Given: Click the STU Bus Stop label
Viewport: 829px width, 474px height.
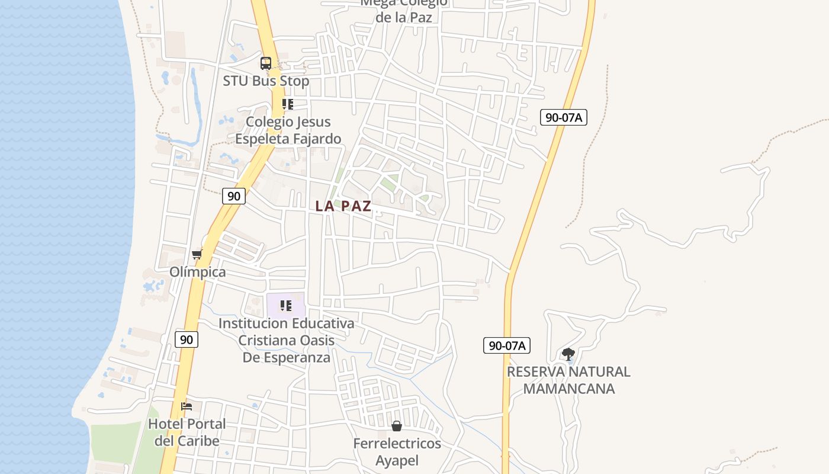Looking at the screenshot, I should point(266,81).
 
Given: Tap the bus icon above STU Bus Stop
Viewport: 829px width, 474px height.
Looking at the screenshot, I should point(266,63).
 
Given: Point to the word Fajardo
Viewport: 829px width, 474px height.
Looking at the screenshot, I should point(319,139).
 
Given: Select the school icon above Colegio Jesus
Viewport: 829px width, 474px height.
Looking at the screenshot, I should point(287,105).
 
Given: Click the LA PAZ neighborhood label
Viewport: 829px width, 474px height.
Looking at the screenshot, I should point(343,206).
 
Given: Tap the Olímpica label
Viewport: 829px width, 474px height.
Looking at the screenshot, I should point(198,272).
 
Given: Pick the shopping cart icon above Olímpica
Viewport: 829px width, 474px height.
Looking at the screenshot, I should point(197,255).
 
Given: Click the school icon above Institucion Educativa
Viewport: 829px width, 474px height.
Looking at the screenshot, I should point(286,306).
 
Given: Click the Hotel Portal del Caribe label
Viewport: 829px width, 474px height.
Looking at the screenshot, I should point(187,433).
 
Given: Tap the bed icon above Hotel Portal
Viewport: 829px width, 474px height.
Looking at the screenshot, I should point(187,406).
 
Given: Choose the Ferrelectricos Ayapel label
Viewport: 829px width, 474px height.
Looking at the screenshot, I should point(397,451).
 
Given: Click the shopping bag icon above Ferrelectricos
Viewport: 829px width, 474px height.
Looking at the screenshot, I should point(397,426).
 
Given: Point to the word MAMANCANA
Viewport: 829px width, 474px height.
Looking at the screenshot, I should point(569,389).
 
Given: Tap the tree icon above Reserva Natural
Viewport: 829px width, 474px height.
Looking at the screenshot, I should point(568,354).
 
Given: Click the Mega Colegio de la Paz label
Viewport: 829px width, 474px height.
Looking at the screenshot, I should point(404,10).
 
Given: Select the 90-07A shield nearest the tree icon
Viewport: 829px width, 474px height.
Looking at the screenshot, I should point(506,345).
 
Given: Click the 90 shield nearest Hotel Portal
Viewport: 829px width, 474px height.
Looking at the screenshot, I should point(187,340).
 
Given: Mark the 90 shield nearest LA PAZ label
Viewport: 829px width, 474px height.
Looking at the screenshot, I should point(234,196).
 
